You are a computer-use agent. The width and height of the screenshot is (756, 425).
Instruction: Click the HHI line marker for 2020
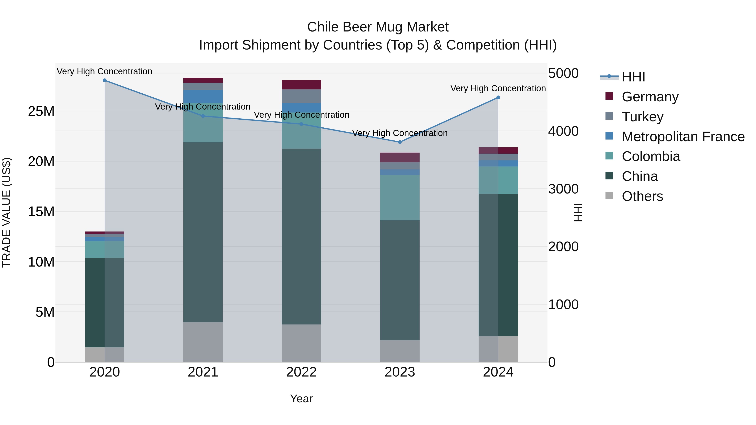(105, 80)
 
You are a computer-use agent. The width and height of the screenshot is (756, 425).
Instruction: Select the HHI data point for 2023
(400, 142)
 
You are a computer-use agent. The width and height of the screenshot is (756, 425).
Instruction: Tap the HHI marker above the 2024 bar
(498, 98)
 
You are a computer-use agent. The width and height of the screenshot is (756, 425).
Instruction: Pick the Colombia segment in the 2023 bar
(400, 197)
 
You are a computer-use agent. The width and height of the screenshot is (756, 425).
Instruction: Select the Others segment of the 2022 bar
(301, 343)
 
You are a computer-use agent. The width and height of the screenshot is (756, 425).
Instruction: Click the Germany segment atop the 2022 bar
(301, 85)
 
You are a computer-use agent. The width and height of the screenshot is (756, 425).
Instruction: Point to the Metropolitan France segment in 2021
(203, 97)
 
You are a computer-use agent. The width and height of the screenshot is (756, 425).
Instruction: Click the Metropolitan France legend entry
(683, 137)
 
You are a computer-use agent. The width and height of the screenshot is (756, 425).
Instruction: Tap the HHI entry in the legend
(633, 77)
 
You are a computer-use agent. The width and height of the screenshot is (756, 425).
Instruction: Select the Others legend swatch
(609, 196)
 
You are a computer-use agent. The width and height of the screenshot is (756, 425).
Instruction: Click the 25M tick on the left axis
(41, 111)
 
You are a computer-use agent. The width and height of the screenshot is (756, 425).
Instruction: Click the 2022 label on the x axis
(301, 372)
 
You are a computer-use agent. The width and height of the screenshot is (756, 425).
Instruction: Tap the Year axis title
(301, 399)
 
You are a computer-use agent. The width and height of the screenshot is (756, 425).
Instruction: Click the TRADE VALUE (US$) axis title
(7, 212)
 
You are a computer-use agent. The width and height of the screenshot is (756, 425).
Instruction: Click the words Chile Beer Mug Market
(378, 27)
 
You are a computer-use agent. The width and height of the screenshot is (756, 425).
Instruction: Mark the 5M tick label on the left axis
(45, 312)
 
